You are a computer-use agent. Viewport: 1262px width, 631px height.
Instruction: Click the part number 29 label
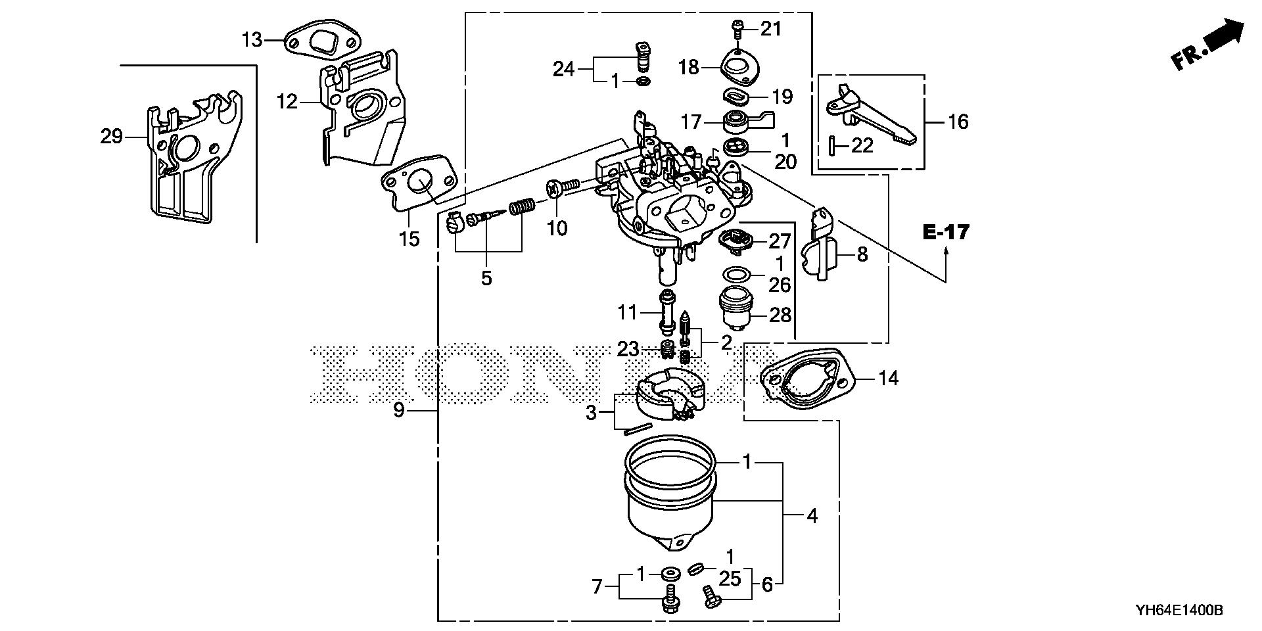pos(112,137)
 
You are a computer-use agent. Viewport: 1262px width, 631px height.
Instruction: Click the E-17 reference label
pos(946,232)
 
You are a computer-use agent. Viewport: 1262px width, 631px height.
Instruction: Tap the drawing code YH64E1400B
pos(1179,611)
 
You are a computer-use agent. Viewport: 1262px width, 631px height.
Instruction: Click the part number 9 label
pos(399,411)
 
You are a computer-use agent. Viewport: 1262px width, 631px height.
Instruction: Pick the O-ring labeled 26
pos(737,273)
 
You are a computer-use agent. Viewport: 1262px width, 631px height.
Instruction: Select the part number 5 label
pos(486,278)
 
